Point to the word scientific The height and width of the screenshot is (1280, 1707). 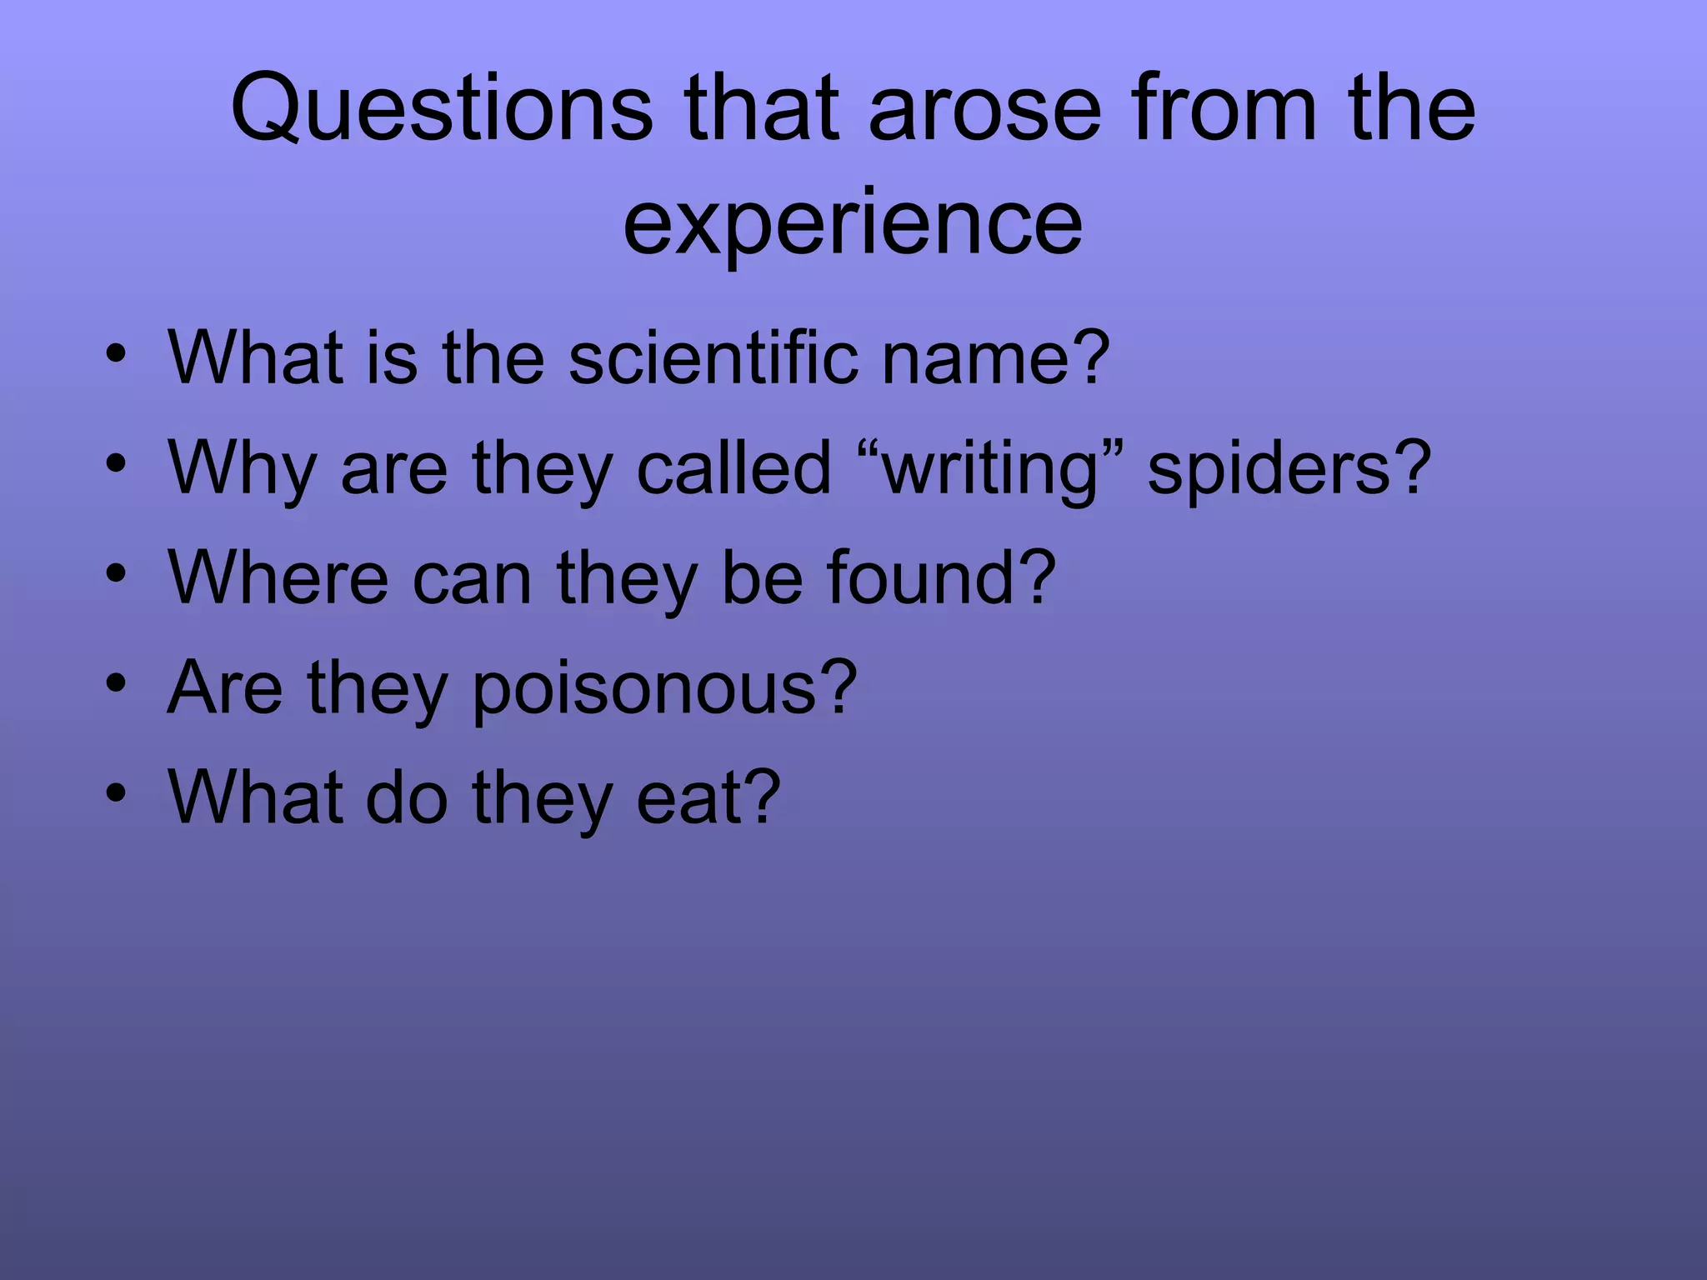point(713,357)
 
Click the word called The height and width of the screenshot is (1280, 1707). point(733,468)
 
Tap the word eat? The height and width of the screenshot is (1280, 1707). point(708,797)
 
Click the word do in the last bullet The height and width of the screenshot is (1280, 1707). point(408,797)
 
